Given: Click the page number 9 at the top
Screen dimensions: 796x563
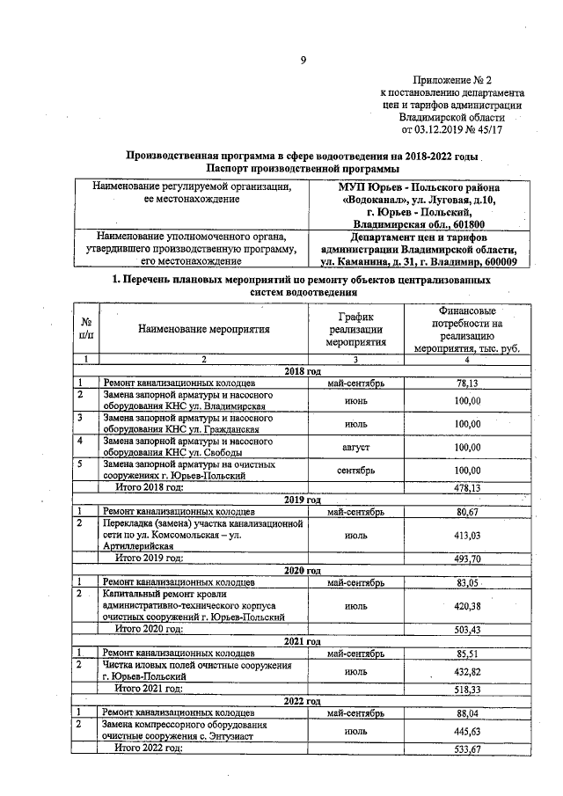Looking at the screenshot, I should [x=303, y=60].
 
